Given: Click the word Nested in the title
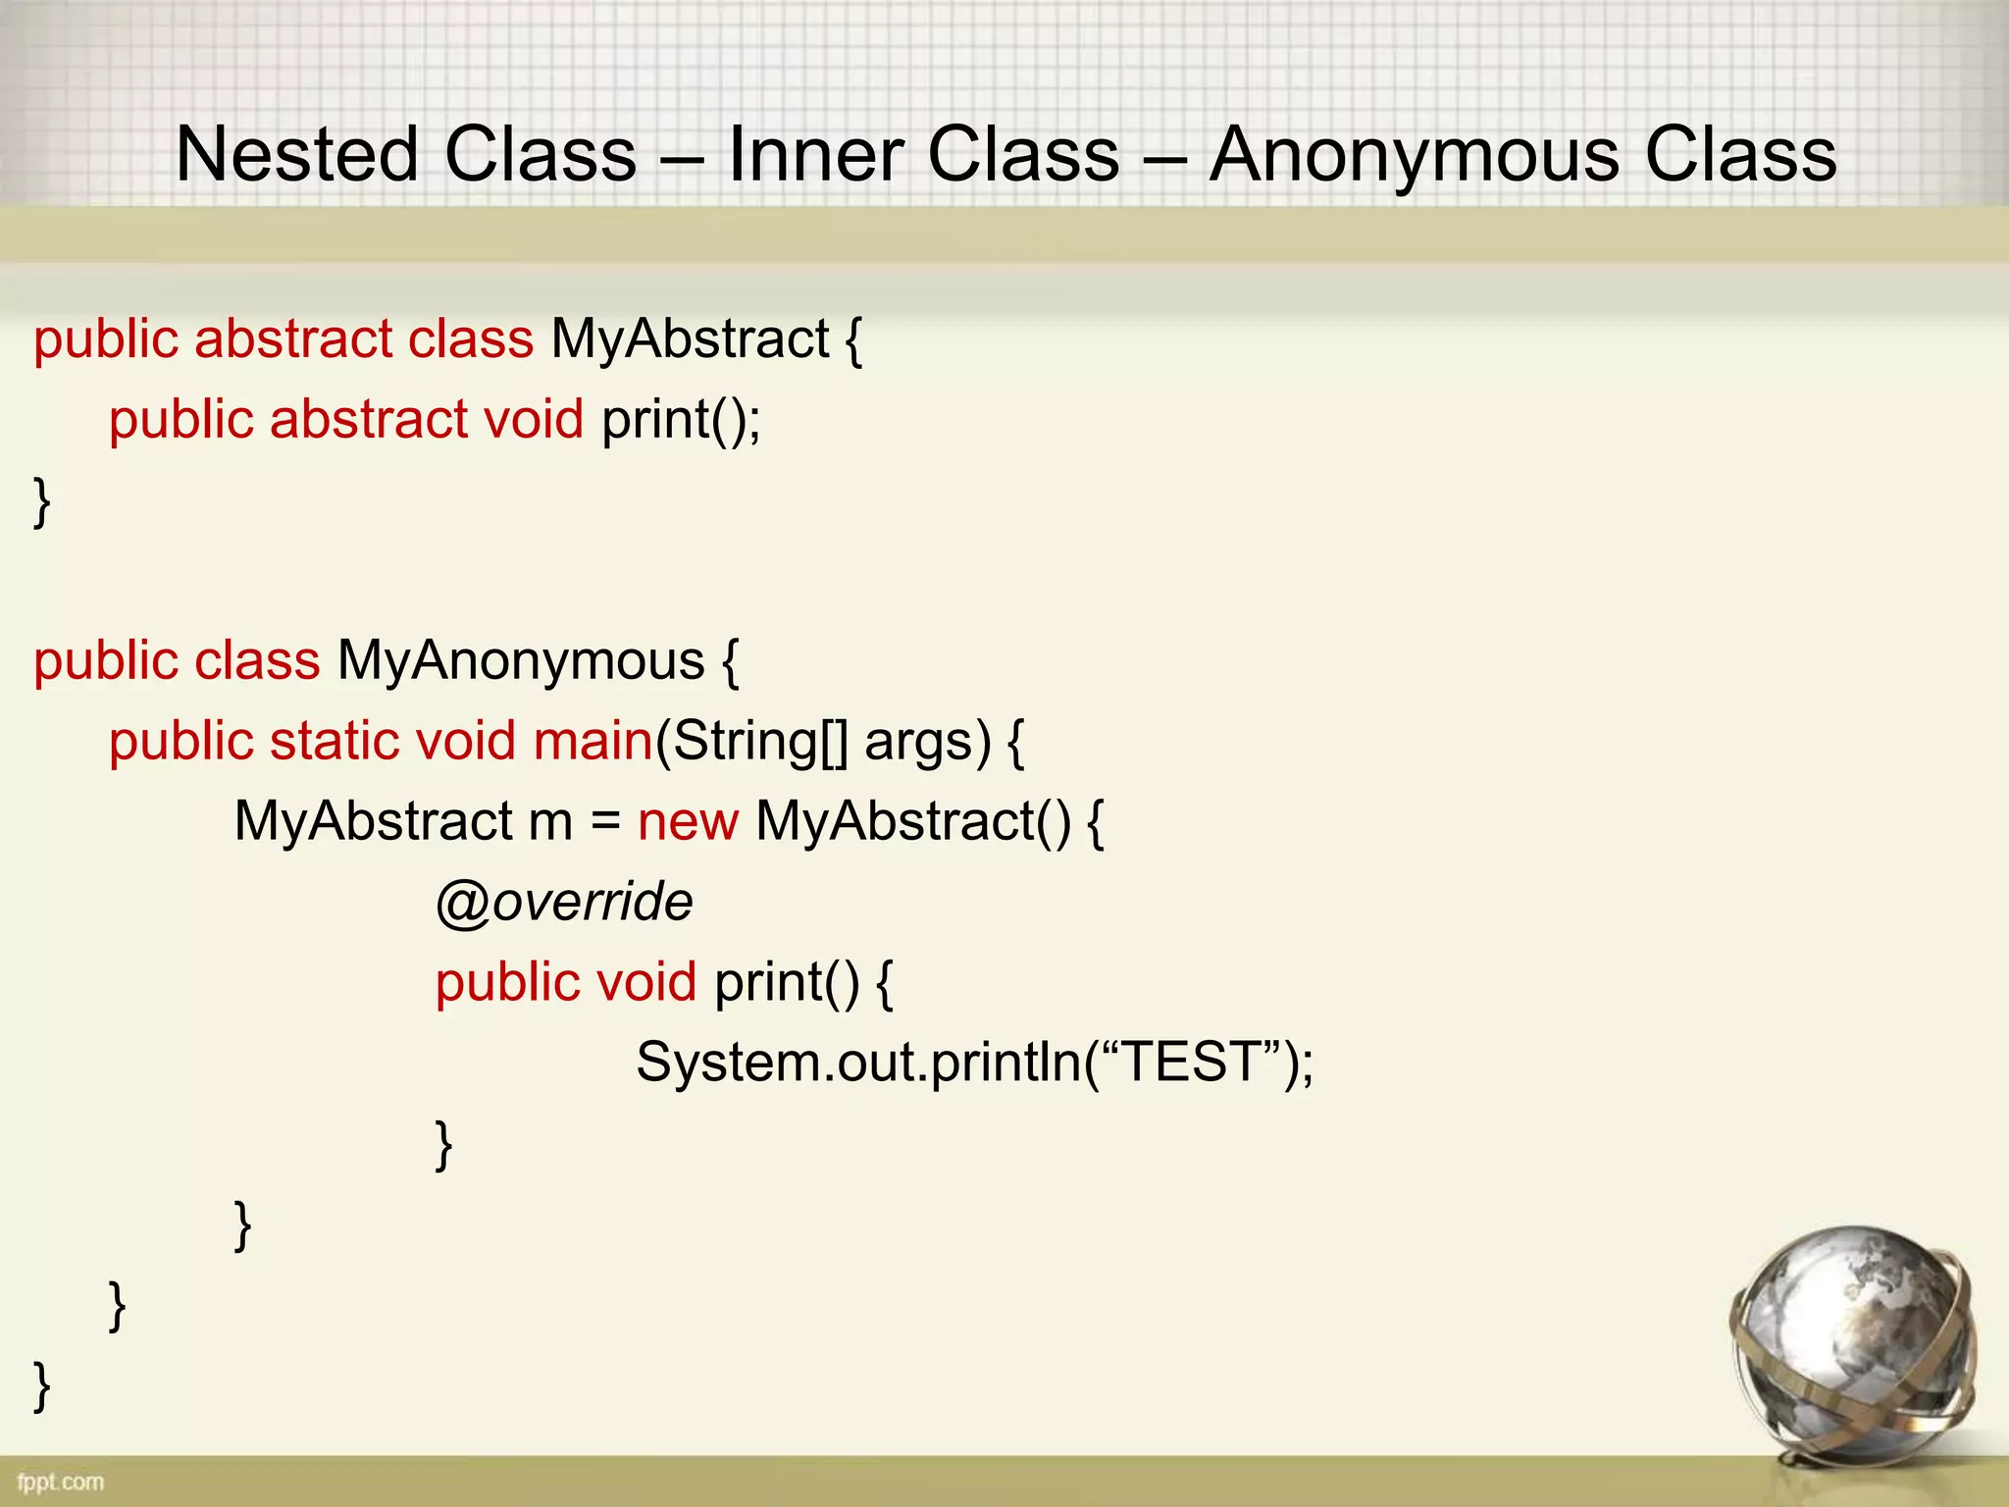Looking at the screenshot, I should coord(297,155).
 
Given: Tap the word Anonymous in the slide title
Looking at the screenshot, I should coord(1414,155).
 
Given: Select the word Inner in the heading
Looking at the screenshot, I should coord(814,155).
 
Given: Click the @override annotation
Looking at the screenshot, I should coord(564,902).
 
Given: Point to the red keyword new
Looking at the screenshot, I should coord(688,821).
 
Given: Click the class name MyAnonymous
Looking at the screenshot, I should coord(521,660).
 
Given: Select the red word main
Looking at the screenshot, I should coord(592,741).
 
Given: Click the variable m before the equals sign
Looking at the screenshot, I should coord(550,821).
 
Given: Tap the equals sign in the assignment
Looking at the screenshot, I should coord(605,821).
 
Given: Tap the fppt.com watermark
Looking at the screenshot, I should coord(60,1481).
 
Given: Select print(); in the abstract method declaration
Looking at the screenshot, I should coord(681,420).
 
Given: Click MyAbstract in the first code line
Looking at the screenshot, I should coord(690,339).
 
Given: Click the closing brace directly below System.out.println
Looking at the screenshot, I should coord(443,1144).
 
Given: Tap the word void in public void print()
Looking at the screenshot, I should coord(646,982).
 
